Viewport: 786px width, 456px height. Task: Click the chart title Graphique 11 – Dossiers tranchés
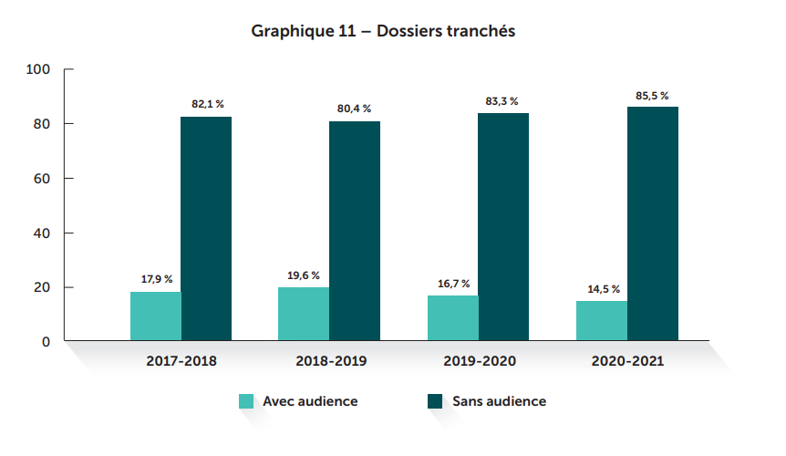pyautogui.click(x=384, y=31)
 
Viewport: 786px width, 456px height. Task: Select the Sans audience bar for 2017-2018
pyautogui.click(x=206, y=229)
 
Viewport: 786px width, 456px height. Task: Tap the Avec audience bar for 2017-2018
pyautogui.click(x=156, y=316)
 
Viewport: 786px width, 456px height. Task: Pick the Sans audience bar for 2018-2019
pyautogui.click(x=355, y=232)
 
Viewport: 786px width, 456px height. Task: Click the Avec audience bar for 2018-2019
pyautogui.click(x=305, y=315)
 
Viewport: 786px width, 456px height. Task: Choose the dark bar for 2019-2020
pyautogui.click(x=503, y=227)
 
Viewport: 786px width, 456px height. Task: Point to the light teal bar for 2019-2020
pyautogui.click(x=453, y=318)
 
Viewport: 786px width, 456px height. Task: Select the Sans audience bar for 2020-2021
pyautogui.click(x=652, y=224)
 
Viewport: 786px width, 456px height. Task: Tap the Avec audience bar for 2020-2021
pyautogui.click(x=602, y=321)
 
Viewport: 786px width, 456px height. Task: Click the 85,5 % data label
pyautogui.click(x=652, y=96)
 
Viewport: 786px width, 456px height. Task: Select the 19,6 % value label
pyautogui.click(x=304, y=275)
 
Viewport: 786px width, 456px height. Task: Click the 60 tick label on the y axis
pyautogui.click(x=42, y=179)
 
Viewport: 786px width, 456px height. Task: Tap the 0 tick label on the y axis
pyautogui.click(x=45, y=342)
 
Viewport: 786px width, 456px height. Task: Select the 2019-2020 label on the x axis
pyautogui.click(x=480, y=361)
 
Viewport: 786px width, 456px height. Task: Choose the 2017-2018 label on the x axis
pyautogui.click(x=181, y=361)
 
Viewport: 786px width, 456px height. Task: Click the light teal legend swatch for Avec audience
pyautogui.click(x=246, y=401)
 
